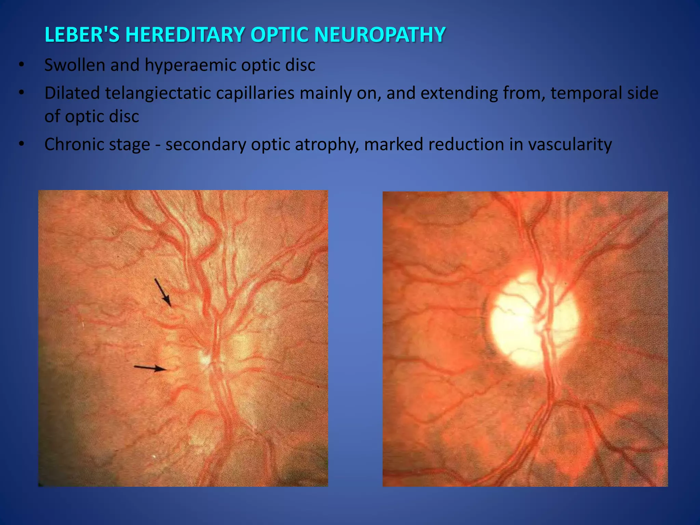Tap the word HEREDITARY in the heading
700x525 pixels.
pos(185,35)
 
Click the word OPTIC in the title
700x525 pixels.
pos(280,35)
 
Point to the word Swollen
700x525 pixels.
pos(75,65)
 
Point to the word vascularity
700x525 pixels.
pos(570,144)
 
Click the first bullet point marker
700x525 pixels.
pos(22,65)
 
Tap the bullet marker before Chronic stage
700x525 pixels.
pos(22,144)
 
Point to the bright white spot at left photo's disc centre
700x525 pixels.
pos(205,358)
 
